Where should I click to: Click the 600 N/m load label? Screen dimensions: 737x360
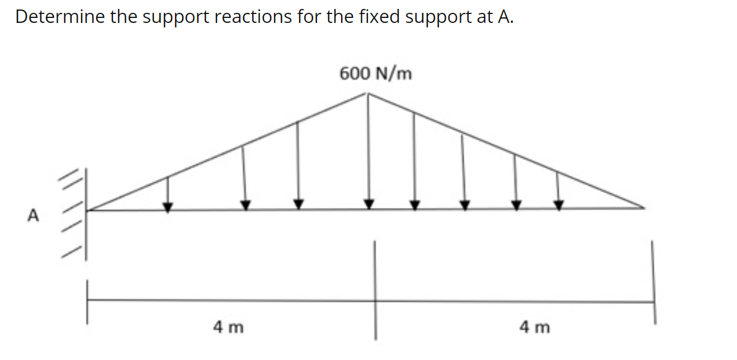(376, 73)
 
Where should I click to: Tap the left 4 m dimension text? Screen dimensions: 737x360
(228, 326)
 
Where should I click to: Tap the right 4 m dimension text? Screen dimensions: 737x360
(534, 326)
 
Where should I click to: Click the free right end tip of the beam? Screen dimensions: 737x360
(644, 209)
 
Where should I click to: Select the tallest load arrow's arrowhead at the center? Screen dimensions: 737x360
(369, 203)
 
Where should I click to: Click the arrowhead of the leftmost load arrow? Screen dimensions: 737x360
(168, 206)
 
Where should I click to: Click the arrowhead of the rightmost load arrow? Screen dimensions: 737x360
(558, 205)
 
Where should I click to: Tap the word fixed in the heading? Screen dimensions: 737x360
(381, 17)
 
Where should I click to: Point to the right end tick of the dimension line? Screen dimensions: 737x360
(653, 302)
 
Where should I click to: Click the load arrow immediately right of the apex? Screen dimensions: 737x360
(414, 159)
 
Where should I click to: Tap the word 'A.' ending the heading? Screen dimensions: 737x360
(505, 17)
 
